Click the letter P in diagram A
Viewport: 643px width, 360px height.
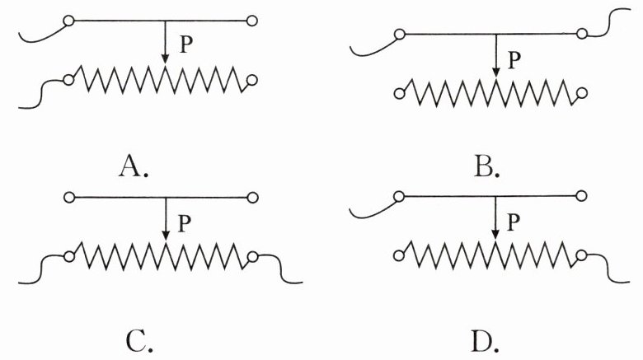click(x=186, y=45)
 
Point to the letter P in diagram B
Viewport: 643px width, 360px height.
click(x=515, y=59)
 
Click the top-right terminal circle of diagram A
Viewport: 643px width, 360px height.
click(x=252, y=20)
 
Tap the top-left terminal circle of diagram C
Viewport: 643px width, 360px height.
click(x=69, y=198)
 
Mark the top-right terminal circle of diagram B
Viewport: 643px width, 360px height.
click(x=582, y=34)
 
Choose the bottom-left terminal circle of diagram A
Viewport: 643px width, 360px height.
click(x=69, y=80)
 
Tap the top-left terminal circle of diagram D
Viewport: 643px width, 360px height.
click(x=399, y=198)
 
